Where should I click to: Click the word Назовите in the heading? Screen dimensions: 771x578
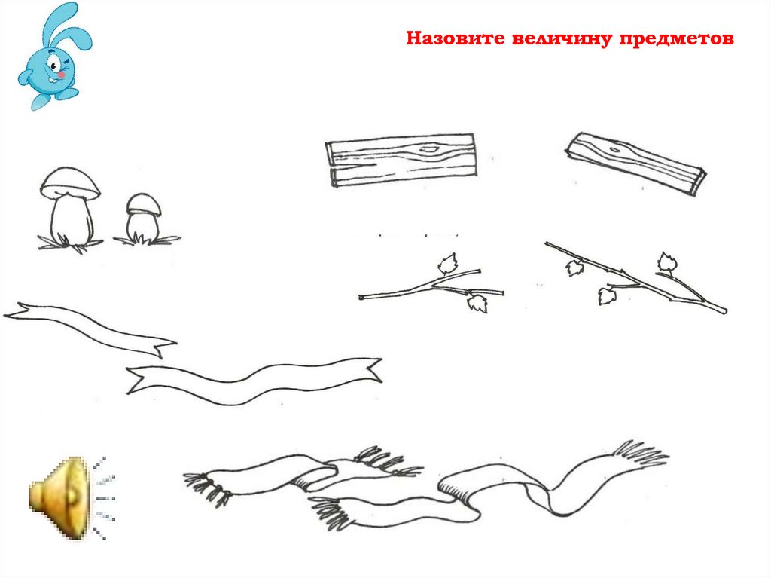point(456,38)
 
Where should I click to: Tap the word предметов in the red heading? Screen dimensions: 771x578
point(676,39)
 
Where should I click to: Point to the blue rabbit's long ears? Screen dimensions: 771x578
point(62,27)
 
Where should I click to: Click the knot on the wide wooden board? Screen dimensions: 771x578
point(428,148)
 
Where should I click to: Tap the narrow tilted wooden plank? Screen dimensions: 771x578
point(635,163)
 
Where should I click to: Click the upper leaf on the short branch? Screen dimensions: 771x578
point(448,264)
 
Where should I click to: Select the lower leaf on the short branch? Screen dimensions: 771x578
point(477,303)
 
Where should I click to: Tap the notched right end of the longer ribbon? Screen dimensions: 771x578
point(372,369)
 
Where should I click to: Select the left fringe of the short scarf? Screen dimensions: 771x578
point(206,488)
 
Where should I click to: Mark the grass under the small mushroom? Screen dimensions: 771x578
point(147,240)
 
